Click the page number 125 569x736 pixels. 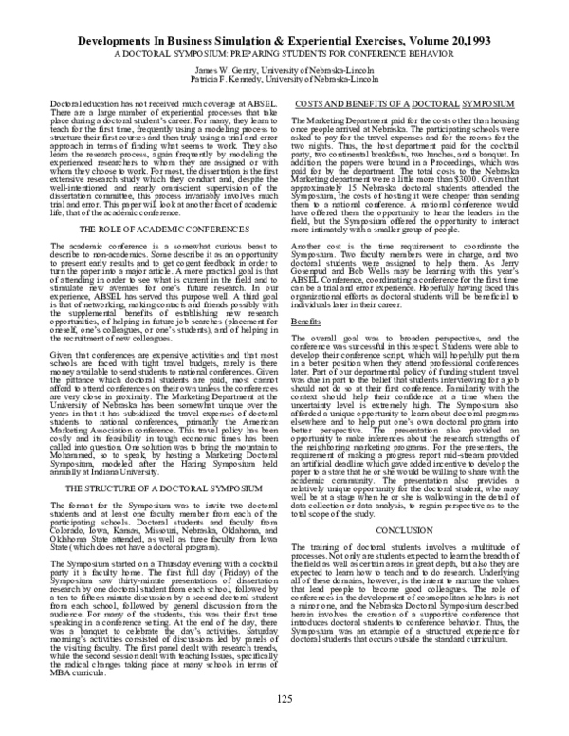pos(284,700)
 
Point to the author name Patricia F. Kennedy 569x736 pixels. pos(234,67)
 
